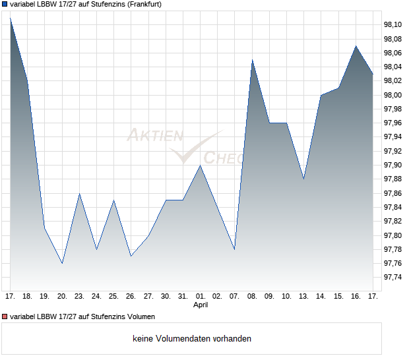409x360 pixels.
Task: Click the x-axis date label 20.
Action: click(x=62, y=296)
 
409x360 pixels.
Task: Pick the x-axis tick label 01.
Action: click(x=201, y=296)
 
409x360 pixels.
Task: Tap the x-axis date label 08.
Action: click(x=252, y=296)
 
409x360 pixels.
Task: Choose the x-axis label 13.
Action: click(x=303, y=296)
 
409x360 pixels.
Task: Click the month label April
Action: click(x=201, y=305)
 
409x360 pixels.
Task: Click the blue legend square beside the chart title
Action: click(x=5, y=4)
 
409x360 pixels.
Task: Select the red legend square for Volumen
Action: click(x=5, y=315)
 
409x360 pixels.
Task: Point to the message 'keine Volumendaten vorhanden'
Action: click(x=192, y=339)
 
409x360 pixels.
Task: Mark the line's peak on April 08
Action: click(x=252, y=60)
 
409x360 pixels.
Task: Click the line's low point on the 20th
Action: click(x=62, y=263)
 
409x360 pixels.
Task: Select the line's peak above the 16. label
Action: click(x=356, y=46)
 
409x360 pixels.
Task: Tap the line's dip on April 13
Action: click(x=303, y=179)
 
